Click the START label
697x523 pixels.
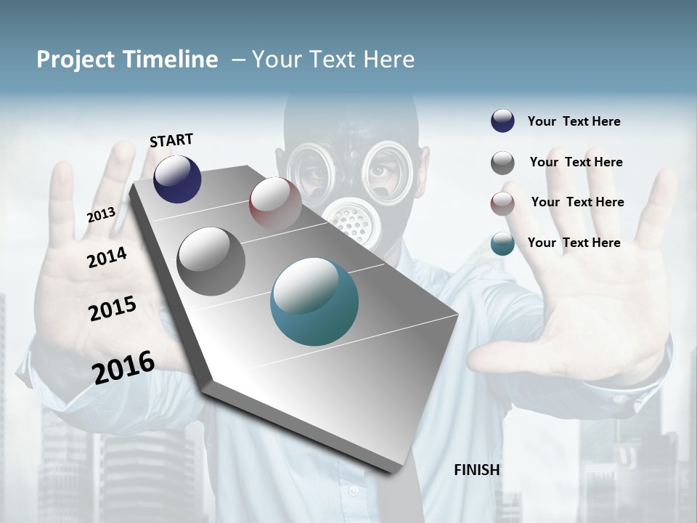tap(171, 140)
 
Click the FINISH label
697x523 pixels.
tap(477, 470)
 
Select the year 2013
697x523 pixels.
tap(101, 214)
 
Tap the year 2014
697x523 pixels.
tap(107, 257)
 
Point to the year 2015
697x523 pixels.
tap(113, 308)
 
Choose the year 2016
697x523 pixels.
tap(123, 367)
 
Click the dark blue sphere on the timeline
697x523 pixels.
tap(177, 179)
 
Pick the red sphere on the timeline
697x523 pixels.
tap(275, 203)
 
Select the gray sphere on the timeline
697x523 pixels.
tap(211, 261)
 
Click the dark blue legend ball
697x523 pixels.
tap(502, 121)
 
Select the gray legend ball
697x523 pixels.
tap(502, 163)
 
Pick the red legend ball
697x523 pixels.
tap(502, 203)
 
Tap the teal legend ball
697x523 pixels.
tap(502, 243)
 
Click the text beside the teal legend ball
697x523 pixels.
tap(574, 243)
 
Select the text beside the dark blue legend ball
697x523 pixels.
tap(574, 121)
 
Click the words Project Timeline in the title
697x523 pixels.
tap(127, 60)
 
